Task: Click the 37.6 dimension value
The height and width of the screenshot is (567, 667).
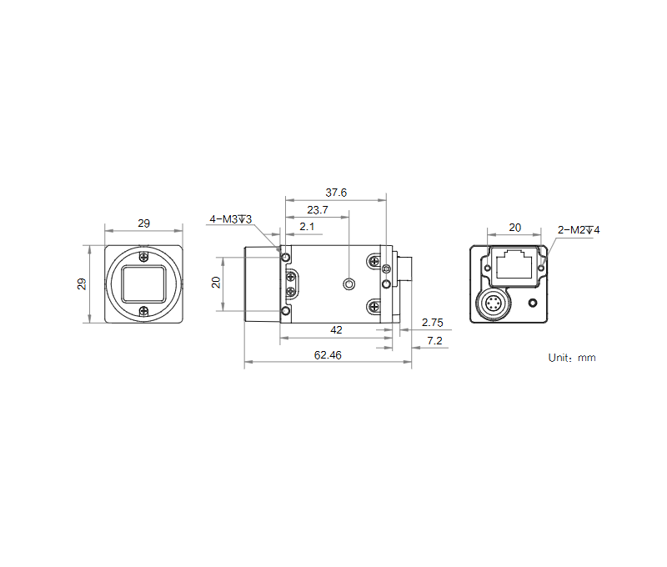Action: (x=336, y=193)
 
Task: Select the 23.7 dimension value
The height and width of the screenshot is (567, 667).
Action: (x=318, y=210)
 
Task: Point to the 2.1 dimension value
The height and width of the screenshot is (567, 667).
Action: (x=307, y=227)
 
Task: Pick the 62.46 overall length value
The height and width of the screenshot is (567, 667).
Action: (x=328, y=355)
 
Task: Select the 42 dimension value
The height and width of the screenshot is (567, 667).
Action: (x=336, y=330)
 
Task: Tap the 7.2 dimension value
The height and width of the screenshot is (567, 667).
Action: (x=434, y=341)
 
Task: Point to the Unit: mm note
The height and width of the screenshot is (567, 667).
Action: (x=572, y=358)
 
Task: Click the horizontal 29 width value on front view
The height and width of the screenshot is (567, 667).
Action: (x=143, y=223)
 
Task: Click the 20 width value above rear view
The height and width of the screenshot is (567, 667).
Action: (x=514, y=227)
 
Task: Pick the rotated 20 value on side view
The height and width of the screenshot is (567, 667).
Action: (x=217, y=283)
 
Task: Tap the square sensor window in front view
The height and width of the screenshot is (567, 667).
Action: (x=143, y=284)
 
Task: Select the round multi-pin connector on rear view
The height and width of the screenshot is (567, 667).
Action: (x=494, y=305)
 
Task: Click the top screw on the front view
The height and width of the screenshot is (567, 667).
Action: (x=144, y=256)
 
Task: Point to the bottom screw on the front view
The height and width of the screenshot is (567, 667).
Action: (x=144, y=312)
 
